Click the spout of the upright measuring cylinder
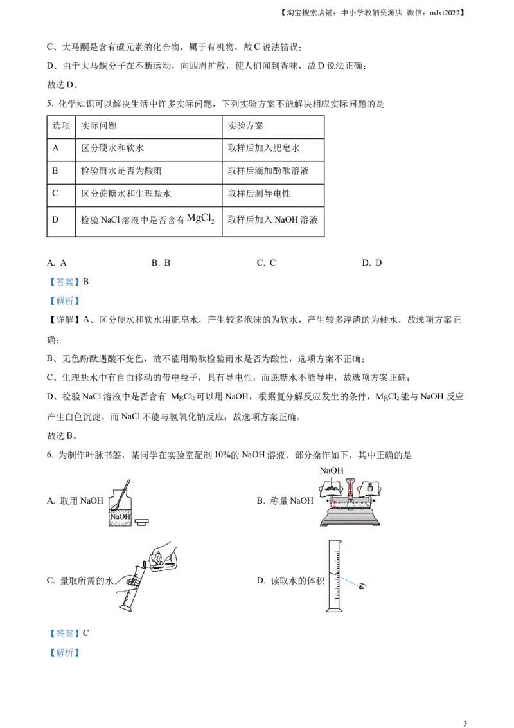pyautogui.click(x=331, y=540)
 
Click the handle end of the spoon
pyautogui.click(x=128, y=481)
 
